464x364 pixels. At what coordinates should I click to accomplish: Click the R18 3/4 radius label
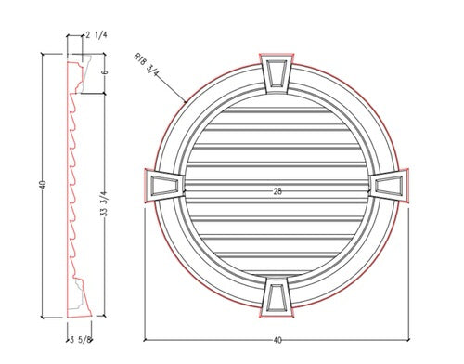(147, 65)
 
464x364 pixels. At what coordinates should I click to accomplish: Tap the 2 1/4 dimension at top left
(97, 35)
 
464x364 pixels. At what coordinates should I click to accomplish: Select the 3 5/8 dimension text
(81, 340)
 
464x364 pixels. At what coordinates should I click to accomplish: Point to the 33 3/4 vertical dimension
(104, 203)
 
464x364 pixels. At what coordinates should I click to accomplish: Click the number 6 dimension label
(105, 72)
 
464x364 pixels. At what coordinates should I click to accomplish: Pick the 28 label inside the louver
(277, 191)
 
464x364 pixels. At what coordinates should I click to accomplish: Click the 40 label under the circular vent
(277, 340)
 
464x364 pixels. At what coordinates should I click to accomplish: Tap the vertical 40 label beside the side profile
(43, 185)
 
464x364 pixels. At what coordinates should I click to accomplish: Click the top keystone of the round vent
(277, 73)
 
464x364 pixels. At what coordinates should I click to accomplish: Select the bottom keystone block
(277, 296)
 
